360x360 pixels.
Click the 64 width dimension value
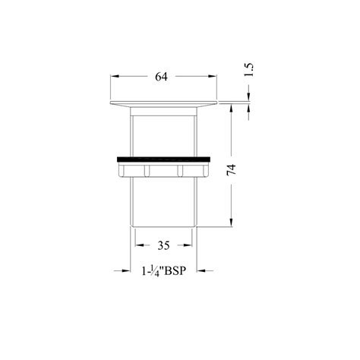click(161, 77)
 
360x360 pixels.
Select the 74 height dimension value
click(232, 169)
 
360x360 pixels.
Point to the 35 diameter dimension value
click(163, 245)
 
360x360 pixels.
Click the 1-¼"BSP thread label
click(164, 271)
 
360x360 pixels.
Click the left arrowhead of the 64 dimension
click(115, 76)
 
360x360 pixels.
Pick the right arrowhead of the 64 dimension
click(212, 76)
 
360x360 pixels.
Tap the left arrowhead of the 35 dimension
click(140, 245)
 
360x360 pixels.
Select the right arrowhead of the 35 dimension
click(187, 245)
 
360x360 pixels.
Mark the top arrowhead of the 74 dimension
click(231, 109)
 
